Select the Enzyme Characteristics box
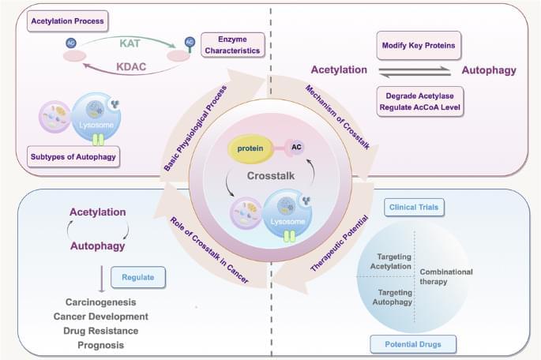coord(230,43)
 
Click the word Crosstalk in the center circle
coord(270,176)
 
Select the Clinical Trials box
coord(413,208)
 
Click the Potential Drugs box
coord(411,343)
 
